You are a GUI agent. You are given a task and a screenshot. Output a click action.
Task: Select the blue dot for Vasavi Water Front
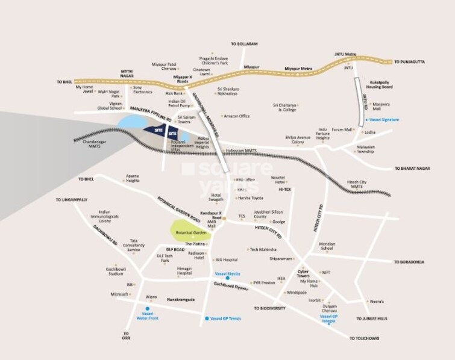(x=147, y=308)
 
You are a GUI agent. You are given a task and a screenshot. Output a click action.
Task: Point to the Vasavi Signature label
(x=384, y=120)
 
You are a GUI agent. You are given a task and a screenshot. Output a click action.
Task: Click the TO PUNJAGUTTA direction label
(x=410, y=61)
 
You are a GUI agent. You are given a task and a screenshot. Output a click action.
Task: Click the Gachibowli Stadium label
(x=116, y=271)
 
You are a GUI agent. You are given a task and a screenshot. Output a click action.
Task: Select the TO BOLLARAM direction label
(x=244, y=44)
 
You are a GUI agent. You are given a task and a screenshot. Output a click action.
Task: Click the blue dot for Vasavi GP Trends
(x=207, y=318)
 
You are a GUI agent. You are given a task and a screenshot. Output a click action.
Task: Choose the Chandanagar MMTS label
(x=86, y=143)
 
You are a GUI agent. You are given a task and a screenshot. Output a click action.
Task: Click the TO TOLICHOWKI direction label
(x=364, y=338)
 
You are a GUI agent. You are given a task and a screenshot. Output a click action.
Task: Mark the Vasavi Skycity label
(x=228, y=273)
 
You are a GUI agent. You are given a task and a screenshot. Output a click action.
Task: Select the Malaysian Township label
(x=365, y=149)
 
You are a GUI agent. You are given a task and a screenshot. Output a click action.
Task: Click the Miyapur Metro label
(x=298, y=69)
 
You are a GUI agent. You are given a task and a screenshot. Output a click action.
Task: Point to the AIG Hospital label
(x=226, y=260)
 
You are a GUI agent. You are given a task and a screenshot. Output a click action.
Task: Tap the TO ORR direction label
(x=126, y=336)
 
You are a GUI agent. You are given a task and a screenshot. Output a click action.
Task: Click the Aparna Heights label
(x=132, y=179)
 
